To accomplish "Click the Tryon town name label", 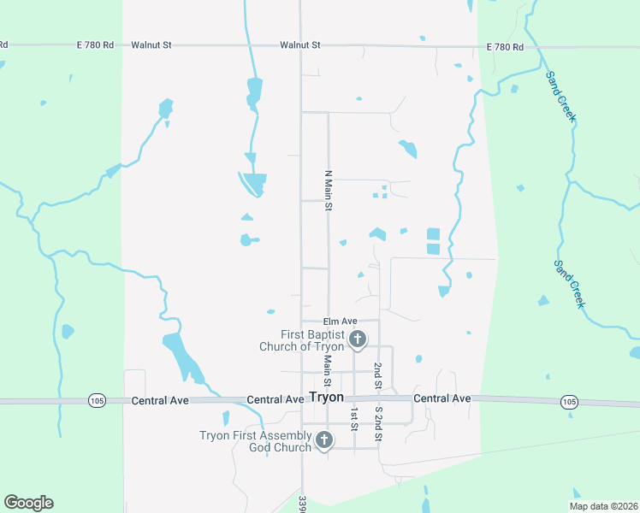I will (326, 398).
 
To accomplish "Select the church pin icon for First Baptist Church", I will (358, 339).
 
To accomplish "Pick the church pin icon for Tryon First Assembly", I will (323, 440).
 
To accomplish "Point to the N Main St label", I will (327, 189).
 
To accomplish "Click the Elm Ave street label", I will (340, 321).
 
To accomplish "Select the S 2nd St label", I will (378, 423).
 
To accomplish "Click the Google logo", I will (29, 503).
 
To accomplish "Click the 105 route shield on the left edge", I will (97, 401).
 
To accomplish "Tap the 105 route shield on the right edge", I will (569, 401).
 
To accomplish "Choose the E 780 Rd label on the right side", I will (505, 47).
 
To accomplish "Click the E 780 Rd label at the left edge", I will (4, 44).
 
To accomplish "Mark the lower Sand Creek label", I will (570, 284).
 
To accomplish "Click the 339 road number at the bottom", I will (303, 504).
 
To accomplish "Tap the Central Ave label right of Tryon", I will (441, 399).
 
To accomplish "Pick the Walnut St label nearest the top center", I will (299, 44).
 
